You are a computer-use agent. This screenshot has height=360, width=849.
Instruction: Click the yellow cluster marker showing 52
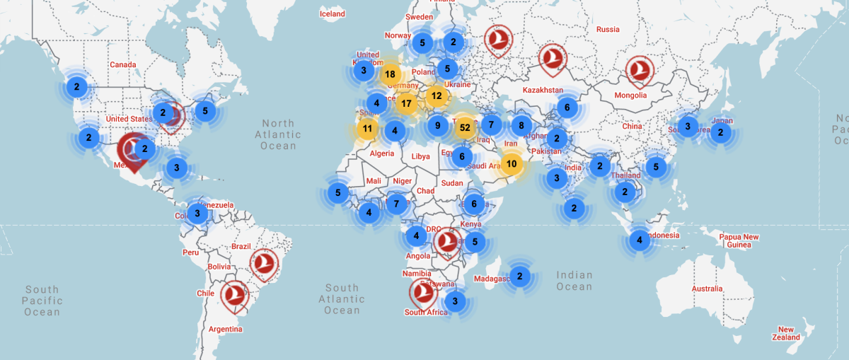(465, 127)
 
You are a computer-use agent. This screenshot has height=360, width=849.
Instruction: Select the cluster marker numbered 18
(390, 74)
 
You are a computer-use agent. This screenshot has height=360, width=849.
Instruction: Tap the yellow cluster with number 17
(406, 103)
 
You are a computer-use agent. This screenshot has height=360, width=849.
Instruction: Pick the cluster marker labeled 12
(437, 96)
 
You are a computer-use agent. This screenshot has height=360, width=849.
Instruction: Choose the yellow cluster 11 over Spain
(367, 129)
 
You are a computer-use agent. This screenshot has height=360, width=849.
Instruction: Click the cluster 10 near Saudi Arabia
(512, 165)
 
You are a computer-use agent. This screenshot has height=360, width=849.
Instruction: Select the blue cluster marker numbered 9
(438, 127)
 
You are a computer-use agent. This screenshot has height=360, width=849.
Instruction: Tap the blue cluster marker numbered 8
(521, 126)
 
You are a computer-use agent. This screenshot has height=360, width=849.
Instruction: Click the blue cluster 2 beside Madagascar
(520, 276)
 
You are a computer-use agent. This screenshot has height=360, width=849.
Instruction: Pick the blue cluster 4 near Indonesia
(640, 240)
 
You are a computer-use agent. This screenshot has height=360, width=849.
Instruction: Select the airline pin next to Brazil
(264, 263)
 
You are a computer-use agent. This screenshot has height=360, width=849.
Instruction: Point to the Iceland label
(333, 14)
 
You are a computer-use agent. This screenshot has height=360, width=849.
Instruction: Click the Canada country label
(122, 65)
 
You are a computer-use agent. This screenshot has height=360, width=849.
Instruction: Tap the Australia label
(707, 289)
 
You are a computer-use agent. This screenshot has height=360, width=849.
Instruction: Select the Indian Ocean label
(574, 281)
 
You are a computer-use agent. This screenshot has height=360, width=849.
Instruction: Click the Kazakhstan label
(543, 91)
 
